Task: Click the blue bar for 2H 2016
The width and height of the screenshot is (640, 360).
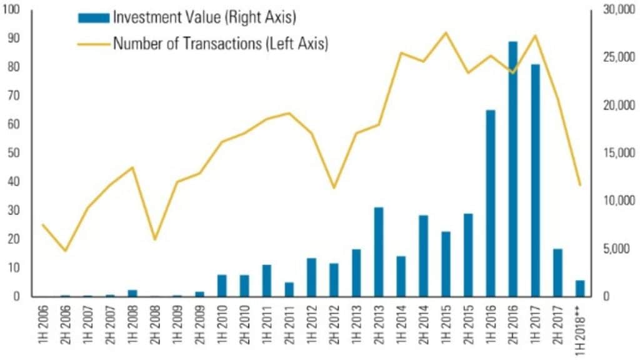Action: [512, 169]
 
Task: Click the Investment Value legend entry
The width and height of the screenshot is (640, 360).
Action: [187, 17]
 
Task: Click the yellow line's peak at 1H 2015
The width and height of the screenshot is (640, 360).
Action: [446, 32]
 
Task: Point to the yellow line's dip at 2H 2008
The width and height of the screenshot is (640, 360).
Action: [154, 239]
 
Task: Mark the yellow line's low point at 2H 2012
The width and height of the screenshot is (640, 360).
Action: [334, 187]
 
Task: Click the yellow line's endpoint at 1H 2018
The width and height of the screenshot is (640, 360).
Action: [580, 185]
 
